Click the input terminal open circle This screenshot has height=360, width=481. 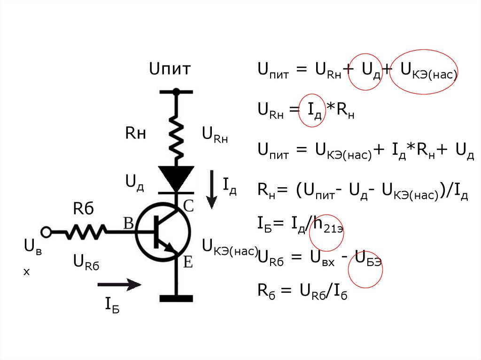(x=46, y=231)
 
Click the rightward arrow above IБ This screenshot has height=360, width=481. (x=119, y=284)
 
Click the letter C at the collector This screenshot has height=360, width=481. (x=188, y=205)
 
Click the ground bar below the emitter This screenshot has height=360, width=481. (x=176, y=298)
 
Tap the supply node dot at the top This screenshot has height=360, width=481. (x=177, y=92)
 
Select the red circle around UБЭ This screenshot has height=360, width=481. (x=365, y=271)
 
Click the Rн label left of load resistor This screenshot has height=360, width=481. (x=135, y=134)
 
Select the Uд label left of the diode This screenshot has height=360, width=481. (x=134, y=182)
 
